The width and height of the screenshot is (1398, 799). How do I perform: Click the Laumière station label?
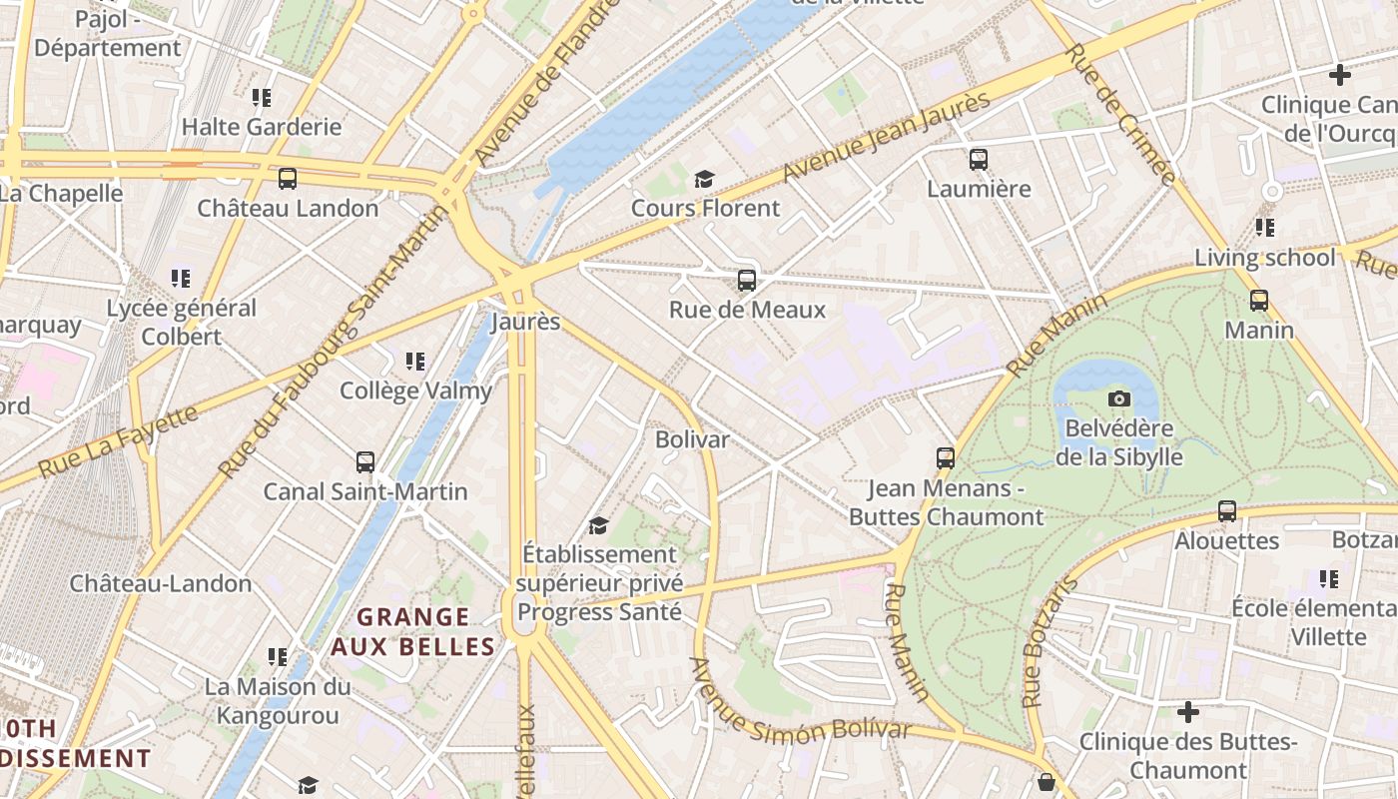coord(979,189)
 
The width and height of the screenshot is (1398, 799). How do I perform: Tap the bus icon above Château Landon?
coord(288,179)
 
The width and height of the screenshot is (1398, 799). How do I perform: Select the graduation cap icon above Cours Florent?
coord(705,179)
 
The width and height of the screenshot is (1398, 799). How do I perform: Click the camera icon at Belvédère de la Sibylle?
coord(1119,399)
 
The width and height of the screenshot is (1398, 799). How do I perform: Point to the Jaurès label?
coord(525,323)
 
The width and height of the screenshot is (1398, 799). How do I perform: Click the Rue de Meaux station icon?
coord(747,281)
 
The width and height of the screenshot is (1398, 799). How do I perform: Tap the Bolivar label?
coord(692,439)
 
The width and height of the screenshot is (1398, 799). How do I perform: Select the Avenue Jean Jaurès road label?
coord(887,138)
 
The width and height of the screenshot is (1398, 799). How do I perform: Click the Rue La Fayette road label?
coord(119,440)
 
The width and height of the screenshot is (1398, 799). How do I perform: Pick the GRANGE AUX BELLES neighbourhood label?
coord(413,632)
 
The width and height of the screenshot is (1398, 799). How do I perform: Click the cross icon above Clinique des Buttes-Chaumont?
coord(1187,713)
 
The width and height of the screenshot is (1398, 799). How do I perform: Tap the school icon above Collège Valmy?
coord(415,362)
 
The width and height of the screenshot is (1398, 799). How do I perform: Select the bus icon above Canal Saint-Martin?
coord(365,462)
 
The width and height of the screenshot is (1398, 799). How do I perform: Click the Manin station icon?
coord(1259,301)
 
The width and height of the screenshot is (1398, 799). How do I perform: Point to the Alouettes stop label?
coord(1227,541)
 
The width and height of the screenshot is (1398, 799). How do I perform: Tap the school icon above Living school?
coord(1265,228)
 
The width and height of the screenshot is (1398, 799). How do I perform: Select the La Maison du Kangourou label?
coord(278,701)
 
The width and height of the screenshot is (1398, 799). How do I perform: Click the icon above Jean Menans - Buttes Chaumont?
coord(946,458)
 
